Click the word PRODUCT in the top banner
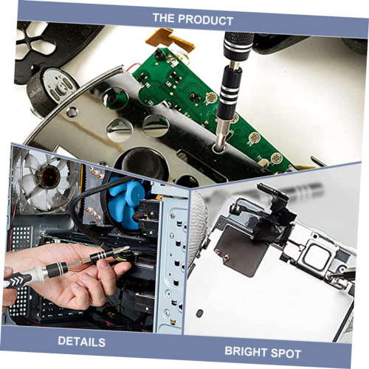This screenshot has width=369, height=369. [x=205, y=20]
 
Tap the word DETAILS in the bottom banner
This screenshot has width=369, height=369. [x=82, y=342]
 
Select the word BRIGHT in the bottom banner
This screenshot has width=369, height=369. [x=246, y=351]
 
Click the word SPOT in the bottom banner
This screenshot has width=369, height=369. [x=286, y=354]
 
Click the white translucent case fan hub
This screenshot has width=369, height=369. [x=48, y=176]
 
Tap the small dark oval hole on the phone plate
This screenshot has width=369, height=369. [x=199, y=313]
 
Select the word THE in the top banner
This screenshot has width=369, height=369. [x=163, y=18]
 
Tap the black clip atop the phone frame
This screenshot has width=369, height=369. [x=273, y=194]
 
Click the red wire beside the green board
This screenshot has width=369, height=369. [x=131, y=68]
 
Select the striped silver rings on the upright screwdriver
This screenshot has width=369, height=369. [x=228, y=97]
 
